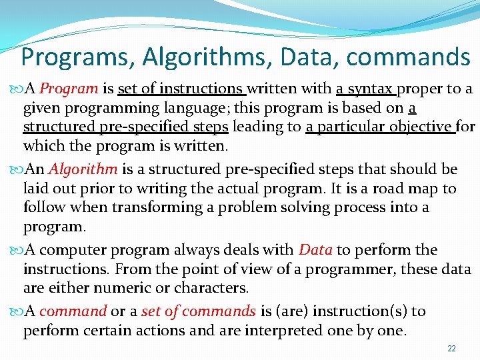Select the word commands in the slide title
click(408, 57)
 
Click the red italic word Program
click(73, 89)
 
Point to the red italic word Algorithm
click(83, 169)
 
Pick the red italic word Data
click(316, 250)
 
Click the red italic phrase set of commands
click(218, 311)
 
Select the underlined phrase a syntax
click(366, 89)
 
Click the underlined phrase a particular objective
click(381, 127)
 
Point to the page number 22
click(451, 349)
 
